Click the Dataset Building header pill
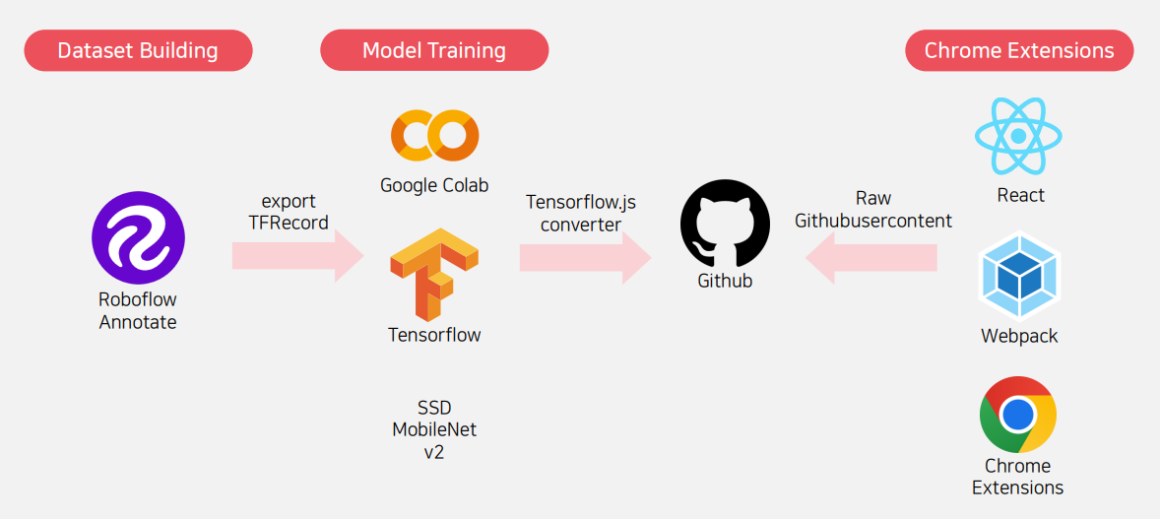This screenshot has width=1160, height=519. [138, 50]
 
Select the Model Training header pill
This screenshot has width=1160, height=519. [434, 50]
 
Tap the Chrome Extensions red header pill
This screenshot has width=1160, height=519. [1019, 50]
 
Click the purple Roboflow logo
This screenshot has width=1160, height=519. [138, 238]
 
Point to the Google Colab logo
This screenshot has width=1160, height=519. [434, 136]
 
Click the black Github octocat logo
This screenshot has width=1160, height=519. [725, 224]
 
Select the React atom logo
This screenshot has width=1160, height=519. [1018, 136]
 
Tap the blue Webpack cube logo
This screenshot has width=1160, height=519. [1018, 278]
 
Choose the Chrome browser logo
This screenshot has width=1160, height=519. [1018, 414]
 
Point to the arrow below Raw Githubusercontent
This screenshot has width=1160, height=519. [870, 258]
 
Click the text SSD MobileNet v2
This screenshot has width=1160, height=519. [434, 430]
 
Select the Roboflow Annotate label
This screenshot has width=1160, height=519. [138, 311]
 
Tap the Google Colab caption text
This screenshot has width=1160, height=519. [434, 185]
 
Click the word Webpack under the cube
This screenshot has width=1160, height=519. [1019, 336]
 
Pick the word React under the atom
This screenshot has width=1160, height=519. [1020, 195]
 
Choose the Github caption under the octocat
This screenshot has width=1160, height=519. [725, 281]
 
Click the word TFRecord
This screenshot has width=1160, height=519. [289, 223]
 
